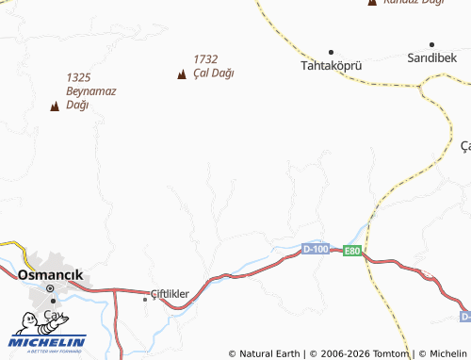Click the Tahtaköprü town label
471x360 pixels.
tap(331, 67)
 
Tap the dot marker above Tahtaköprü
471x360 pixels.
tap(331, 52)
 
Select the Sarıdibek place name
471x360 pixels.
tap(432, 58)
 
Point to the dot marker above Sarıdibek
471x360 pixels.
tap(432, 44)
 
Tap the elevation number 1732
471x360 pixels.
tap(205, 58)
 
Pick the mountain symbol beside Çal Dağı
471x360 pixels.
tap(182, 74)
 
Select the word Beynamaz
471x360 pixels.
tap(89, 91)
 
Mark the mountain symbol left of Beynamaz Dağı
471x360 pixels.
tap(55, 106)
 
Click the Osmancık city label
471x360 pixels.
tap(50, 274)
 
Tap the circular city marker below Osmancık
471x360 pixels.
tap(53, 300)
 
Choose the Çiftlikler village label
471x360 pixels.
tap(171, 294)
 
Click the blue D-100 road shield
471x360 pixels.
tap(317, 249)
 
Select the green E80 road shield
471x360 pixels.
tap(351, 251)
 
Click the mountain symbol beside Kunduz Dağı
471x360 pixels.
tap(372, 3)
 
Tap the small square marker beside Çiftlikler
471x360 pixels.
tap(145, 299)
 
